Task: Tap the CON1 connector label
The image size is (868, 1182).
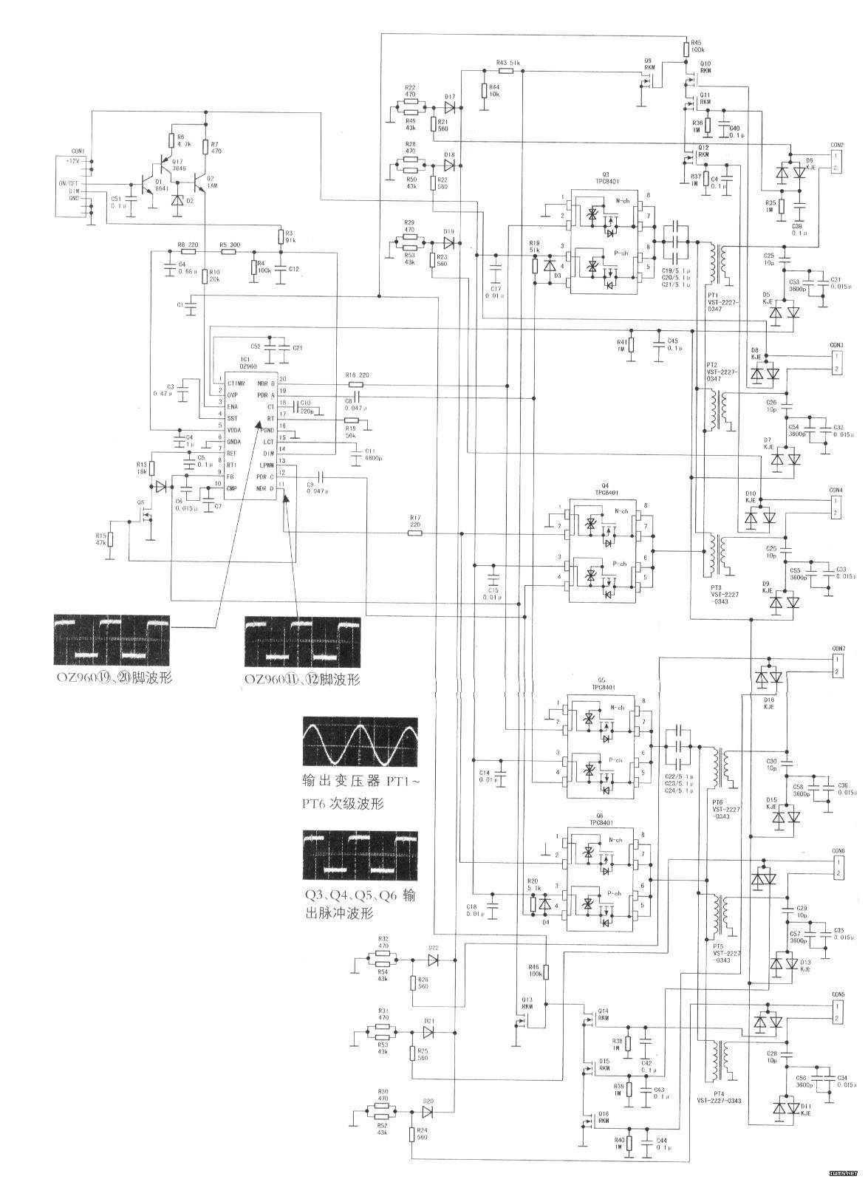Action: (x=78, y=151)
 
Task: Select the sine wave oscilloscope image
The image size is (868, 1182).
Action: (x=360, y=741)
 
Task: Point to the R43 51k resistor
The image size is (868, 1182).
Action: (x=509, y=71)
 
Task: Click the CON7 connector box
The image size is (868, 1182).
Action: (x=837, y=666)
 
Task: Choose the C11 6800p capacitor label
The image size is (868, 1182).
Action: (x=372, y=454)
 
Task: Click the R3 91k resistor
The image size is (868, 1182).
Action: (x=280, y=237)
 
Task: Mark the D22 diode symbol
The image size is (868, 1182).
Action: (x=434, y=960)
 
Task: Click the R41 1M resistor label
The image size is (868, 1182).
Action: (x=621, y=345)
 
